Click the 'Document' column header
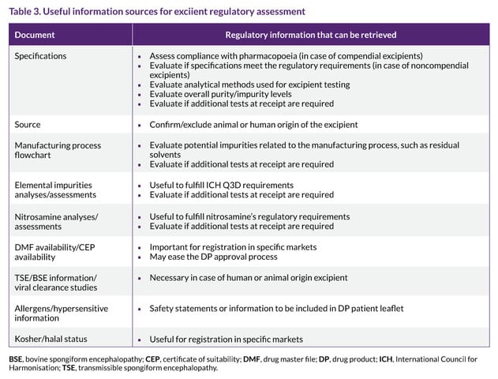(x=35, y=35)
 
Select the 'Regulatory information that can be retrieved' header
(x=311, y=35)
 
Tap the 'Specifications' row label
(x=40, y=56)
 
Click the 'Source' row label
(x=28, y=125)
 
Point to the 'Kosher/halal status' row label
(x=51, y=339)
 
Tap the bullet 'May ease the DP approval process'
(x=215, y=257)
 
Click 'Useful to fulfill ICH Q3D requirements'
(x=221, y=185)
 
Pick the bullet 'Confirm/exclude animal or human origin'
(x=253, y=125)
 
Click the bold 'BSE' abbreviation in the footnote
(x=16, y=359)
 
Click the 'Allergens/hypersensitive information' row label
(x=61, y=313)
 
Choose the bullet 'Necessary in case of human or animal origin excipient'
(x=248, y=278)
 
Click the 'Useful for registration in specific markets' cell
(x=226, y=339)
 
